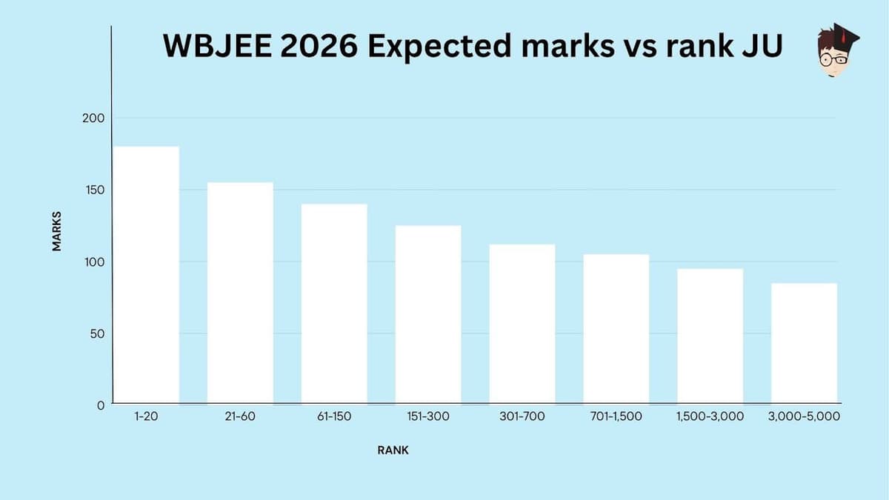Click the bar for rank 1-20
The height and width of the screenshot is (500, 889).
(146, 275)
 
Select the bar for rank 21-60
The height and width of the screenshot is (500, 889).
(240, 293)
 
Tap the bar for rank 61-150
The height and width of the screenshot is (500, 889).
(334, 304)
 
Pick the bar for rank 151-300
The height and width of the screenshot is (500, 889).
(428, 314)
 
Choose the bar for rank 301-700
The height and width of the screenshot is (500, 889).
(522, 324)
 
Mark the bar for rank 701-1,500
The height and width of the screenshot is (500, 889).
(616, 329)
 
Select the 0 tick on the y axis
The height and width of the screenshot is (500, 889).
(100, 406)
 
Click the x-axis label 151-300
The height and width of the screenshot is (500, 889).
(428, 417)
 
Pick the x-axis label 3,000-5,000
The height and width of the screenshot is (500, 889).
(805, 417)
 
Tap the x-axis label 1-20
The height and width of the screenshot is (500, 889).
(146, 417)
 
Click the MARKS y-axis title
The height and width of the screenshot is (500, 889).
(57, 231)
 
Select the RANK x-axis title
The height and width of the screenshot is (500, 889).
(392, 450)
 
